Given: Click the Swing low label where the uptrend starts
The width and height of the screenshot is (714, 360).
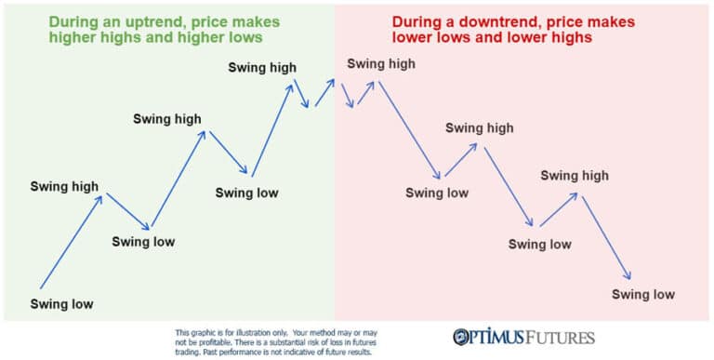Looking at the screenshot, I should pos(61,304).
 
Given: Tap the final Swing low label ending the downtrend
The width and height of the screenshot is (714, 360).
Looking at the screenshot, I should pos(642,295).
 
